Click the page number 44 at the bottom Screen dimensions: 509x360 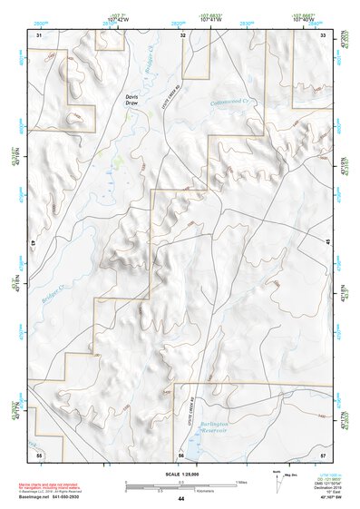point(180,498)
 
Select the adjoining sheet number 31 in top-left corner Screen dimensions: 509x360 point(39,34)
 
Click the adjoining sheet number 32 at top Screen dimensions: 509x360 point(182,34)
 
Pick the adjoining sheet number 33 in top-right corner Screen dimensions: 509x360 point(323,34)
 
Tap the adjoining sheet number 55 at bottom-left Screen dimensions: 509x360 point(39,453)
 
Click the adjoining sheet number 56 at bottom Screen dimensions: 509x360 point(181,453)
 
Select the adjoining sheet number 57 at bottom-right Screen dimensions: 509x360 point(323,453)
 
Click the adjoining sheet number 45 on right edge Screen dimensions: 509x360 point(326,243)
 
